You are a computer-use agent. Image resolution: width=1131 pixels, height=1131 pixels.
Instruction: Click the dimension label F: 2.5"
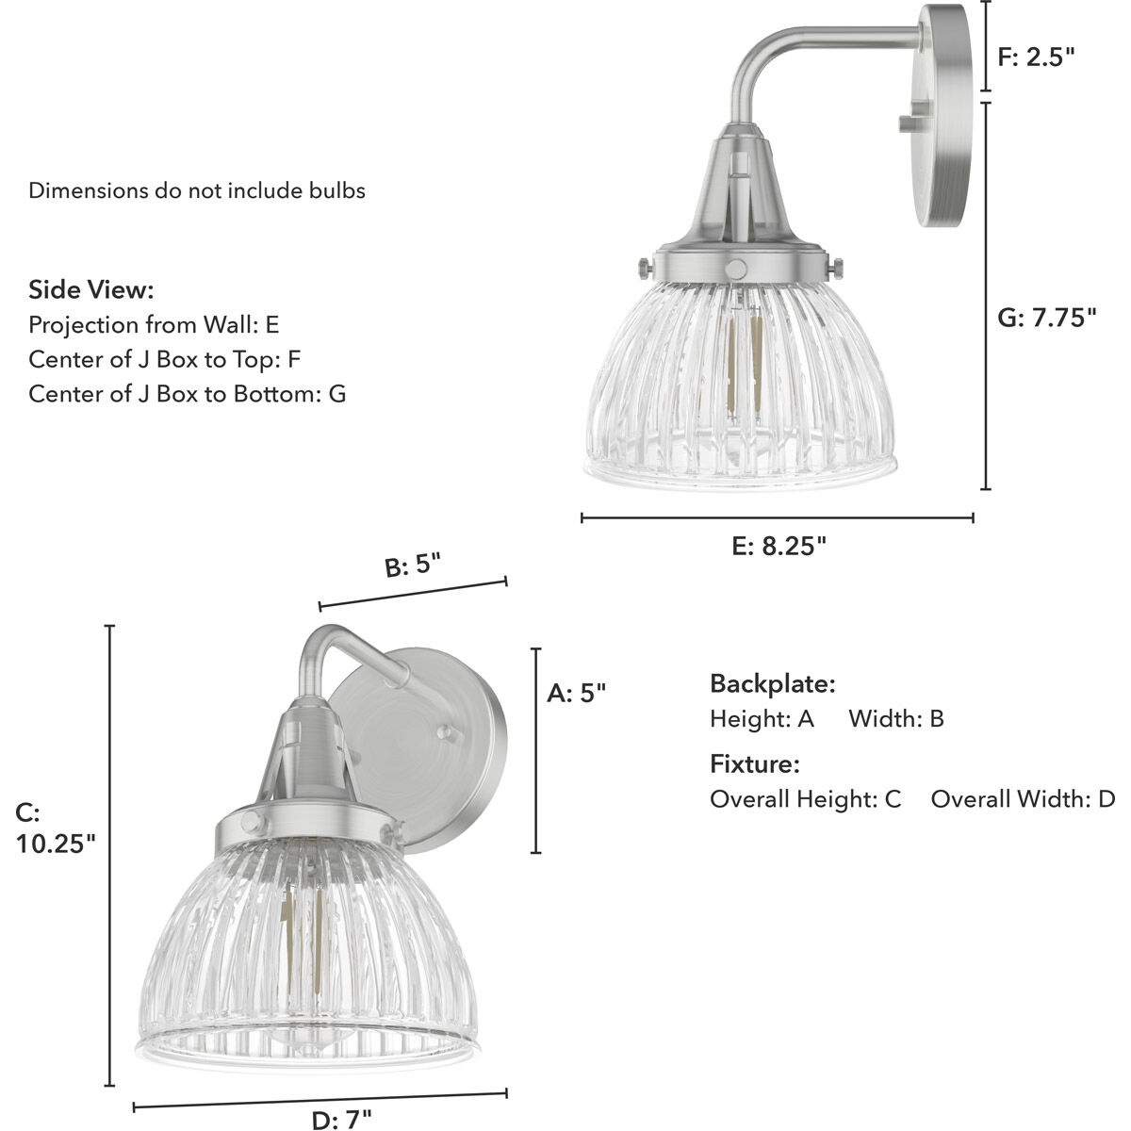(x=1036, y=57)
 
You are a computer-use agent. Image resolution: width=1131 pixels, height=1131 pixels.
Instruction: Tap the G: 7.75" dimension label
(x=1047, y=317)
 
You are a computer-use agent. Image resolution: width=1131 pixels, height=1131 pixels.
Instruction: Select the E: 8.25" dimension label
(x=779, y=547)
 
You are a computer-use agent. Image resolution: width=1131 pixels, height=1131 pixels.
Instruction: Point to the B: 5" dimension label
(x=412, y=566)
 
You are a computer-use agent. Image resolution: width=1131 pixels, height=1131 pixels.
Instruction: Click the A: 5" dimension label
(x=576, y=694)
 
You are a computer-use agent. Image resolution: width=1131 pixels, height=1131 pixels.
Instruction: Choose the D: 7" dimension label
(x=341, y=1120)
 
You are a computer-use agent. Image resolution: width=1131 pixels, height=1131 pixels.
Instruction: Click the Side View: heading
(x=90, y=289)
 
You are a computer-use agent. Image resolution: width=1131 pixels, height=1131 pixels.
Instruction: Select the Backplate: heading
(x=772, y=683)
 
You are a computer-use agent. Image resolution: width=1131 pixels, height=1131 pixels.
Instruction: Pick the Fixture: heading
(x=754, y=763)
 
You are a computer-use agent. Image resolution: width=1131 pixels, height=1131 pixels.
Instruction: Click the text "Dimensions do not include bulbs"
(x=196, y=190)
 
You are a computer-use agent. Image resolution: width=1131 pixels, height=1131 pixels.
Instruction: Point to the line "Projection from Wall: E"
(x=154, y=325)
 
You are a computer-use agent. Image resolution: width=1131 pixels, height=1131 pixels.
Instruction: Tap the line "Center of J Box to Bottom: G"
(x=187, y=393)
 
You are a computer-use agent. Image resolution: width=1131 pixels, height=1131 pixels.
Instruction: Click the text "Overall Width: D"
(x=1022, y=799)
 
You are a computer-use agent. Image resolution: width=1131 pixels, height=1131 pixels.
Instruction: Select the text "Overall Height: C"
(x=805, y=799)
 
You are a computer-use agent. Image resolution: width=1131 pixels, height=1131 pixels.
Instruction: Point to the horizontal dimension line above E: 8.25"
(x=777, y=517)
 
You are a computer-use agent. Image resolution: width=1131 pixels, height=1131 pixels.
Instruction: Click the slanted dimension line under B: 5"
(x=413, y=594)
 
